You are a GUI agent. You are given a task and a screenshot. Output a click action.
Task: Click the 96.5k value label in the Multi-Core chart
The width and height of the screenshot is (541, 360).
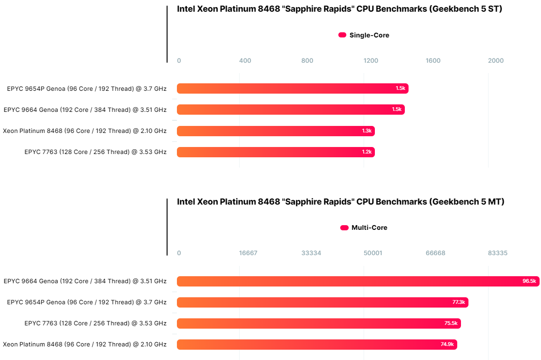(529, 281)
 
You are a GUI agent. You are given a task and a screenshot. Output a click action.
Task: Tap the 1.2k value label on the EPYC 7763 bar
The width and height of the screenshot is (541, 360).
(366, 152)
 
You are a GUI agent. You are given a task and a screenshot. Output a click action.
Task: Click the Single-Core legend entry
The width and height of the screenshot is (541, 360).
(364, 35)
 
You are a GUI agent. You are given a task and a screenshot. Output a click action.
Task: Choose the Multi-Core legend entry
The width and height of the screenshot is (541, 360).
(364, 228)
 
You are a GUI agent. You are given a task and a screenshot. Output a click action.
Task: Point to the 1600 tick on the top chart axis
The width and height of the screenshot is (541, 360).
(433, 61)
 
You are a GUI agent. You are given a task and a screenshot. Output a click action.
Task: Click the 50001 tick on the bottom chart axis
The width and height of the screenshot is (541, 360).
(373, 253)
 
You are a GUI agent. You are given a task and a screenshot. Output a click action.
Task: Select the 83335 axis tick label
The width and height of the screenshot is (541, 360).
(497, 253)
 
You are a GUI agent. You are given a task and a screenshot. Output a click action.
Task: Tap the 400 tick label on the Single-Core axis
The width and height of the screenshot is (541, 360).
(245, 61)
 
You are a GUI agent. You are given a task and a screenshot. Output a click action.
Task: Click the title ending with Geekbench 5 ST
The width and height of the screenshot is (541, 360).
(339, 9)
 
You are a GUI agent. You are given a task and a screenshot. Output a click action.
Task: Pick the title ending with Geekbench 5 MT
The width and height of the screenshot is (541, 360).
(340, 202)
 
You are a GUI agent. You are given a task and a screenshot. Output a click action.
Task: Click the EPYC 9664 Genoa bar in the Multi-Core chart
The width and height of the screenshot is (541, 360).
(358, 281)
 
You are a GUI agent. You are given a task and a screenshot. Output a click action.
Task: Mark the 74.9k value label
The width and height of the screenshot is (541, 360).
(447, 345)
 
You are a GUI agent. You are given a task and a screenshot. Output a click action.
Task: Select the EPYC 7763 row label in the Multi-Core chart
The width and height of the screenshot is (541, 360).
(95, 323)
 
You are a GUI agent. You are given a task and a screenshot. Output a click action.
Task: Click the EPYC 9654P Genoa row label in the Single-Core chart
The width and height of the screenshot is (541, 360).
(87, 88)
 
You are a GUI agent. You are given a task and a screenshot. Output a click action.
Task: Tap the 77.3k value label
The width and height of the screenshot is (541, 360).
(458, 302)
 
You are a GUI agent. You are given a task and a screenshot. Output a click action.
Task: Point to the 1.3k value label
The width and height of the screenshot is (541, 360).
(366, 131)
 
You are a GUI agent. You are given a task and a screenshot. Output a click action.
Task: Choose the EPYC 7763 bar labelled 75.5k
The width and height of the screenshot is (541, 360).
(318, 323)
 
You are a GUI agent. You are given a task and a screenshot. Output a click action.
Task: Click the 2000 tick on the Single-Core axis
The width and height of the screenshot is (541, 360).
(496, 61)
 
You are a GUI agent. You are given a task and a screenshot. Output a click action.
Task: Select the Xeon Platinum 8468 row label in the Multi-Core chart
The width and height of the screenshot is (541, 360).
(85, 345)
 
